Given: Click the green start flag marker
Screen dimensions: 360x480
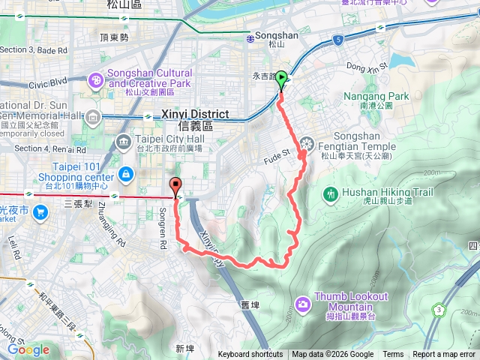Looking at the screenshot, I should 281,78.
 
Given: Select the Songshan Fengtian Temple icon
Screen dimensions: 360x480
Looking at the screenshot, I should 307,143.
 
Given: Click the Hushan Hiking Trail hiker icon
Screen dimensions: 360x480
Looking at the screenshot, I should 331,193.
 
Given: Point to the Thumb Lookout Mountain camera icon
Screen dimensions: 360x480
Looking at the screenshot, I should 302,304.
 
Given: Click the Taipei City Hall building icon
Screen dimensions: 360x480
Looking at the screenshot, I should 123,142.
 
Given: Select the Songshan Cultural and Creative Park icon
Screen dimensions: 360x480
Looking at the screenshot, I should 96,79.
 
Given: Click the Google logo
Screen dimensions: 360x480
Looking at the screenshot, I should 28,349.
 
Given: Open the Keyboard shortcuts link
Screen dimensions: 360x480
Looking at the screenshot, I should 250,355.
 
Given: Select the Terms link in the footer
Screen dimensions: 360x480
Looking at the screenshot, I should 393,355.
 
